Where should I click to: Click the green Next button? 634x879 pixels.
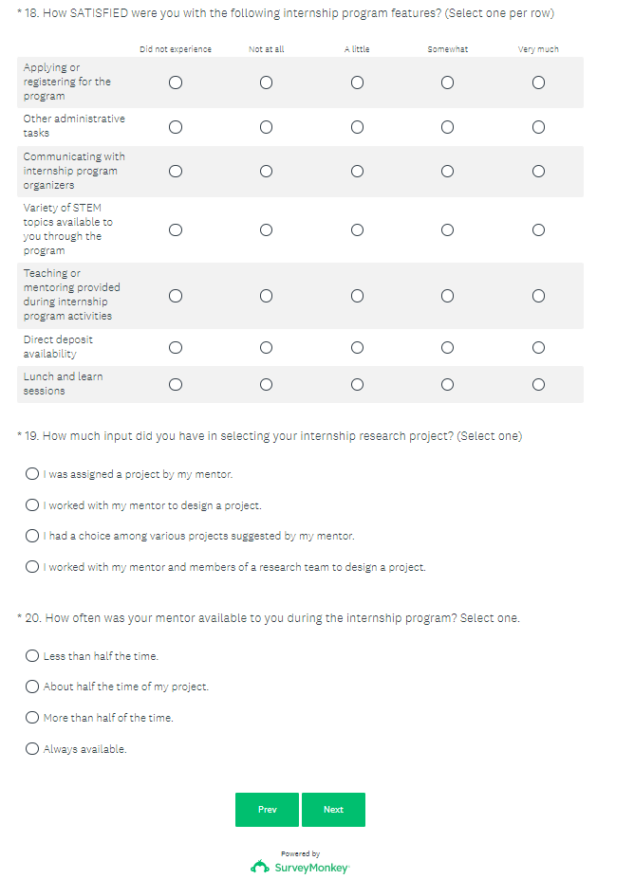pyautogui.click(x=333, y=810)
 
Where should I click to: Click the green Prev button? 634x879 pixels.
pyautogui.click(x=267, y=810)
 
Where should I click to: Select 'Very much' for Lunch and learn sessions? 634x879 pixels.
pyautogui.click(x=538, y=384)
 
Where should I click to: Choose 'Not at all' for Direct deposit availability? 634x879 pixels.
pyautogui.click(x=266, y=347)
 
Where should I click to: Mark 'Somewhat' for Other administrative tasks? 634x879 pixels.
pyautogui.click(x=447, y=126)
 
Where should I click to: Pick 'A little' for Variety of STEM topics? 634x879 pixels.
pyautogui.click(x=357, y=229)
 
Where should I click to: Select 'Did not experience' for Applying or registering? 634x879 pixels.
pyautogui.click(x=176, y=82)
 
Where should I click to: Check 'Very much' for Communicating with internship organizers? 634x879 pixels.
pyautogui.click(x=538, y=171)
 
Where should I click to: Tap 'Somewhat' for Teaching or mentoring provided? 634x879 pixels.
pyautogui.click(x=447, y=296)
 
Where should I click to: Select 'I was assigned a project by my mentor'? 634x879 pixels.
pyautogui.click(x=32, y=474)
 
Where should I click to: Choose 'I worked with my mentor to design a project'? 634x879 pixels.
pyautogui.click(x=32, y=505)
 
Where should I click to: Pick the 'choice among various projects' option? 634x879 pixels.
pyautogui.click(x=32, y=536)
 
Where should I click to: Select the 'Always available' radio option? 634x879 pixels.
pyautogui.click(x=32, y=749)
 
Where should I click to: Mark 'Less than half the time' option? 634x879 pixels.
pyautogui.click(x=32, y=656)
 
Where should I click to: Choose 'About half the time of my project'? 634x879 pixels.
pyautogui.click(x=32, y=687)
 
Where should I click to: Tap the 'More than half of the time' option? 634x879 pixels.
pyautogui.click(x=32, y=718)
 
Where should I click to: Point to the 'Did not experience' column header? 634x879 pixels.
pyautogui.click(x=176, y=49)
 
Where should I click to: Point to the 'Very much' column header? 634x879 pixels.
pyautogui.click(x=538, y=49)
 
